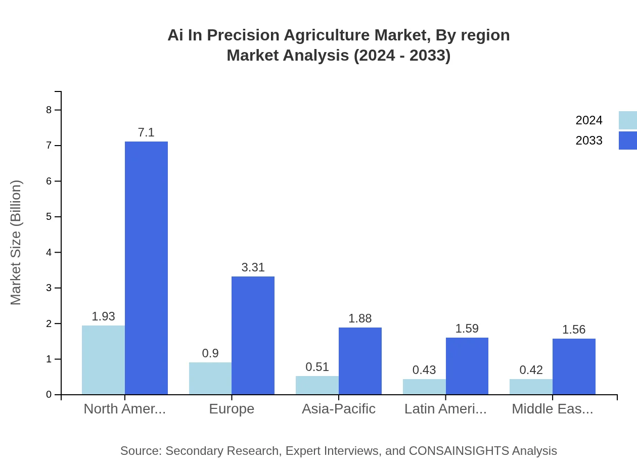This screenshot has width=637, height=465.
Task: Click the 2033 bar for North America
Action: [x=146, y=268]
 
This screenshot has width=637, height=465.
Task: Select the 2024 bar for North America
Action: [x=103, y=360]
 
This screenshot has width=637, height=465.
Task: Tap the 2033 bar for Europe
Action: [x=253, y=335]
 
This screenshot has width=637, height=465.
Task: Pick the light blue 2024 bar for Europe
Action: [x=210, y=378]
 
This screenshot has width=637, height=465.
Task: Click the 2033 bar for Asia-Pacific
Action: [x=360, y=361]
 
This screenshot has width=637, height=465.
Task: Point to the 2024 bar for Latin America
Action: [x=424, y=387]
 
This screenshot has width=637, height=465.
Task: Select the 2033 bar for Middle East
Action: [x=574, y=366]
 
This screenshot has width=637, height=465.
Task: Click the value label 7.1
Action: [x=146, y=133]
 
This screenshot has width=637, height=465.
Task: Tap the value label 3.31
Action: [x=253, y=267]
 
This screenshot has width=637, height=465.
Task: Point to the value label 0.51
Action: [x=317, y=367]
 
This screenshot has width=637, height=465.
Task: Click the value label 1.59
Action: [x=467, y=329]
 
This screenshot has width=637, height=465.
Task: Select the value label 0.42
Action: [x=531, y=370]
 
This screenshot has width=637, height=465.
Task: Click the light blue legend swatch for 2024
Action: [x=627, y=120]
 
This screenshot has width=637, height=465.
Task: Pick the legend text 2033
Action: [x=589, y=141]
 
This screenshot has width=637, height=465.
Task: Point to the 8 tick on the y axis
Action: [x=49, y=110]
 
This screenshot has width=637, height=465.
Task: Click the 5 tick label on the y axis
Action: [x=49, y=217]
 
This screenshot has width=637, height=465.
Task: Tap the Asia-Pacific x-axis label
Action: [x=339, y=409]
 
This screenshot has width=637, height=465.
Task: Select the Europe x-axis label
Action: [x=232, y=409]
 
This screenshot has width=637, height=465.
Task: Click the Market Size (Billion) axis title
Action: [x=16, y=243]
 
